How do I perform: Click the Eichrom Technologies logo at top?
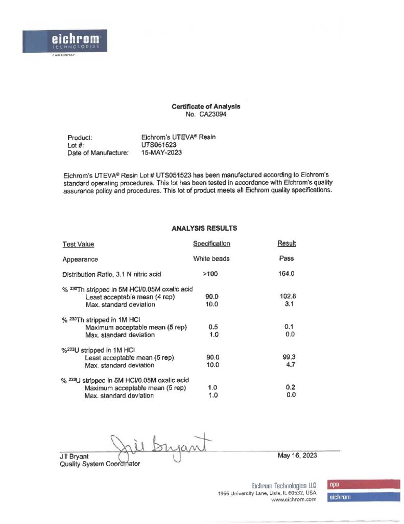pos(65,41)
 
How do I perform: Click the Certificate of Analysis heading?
pos(205,106)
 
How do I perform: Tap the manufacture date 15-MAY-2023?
pos(161,152)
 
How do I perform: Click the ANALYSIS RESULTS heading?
pos(204,228)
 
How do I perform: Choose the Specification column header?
pos(211,244)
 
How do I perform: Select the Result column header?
pos(287,244)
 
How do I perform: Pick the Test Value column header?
pos(78,244)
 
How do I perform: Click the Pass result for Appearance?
pos(287,258)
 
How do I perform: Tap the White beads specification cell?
pos(211,258)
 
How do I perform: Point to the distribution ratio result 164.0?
pos(287,274)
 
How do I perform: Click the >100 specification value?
pos(210,274)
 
